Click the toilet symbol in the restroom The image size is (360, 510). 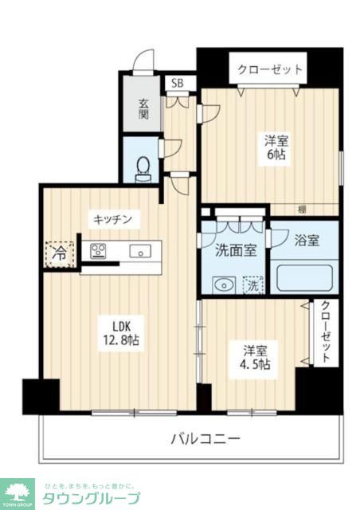143,167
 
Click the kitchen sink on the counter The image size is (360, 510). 140,252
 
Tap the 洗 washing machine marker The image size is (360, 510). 252,283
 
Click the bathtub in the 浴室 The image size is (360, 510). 303,279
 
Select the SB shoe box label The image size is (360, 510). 177,82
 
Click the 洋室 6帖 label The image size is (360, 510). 276,147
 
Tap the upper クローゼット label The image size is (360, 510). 269,70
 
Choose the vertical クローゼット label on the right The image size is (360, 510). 325,333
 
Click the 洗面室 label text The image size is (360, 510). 237,249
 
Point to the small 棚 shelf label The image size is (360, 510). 302,210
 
